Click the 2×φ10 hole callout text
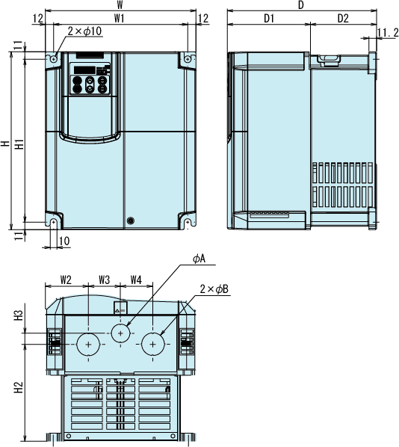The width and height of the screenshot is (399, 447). [x=84, y=31]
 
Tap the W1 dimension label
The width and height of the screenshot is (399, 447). [x=120, y=19]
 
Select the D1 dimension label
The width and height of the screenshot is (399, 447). [x=269, y=19]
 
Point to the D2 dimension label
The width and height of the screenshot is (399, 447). [x=343, y=19]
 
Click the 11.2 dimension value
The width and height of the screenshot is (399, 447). [x=388, y=33]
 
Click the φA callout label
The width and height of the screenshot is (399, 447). [x=199, y=259]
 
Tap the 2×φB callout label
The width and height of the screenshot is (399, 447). [x=214, y=289]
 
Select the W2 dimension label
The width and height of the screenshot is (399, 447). [x=66, y=280]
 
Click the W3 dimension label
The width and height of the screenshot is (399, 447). [x=105, y=280]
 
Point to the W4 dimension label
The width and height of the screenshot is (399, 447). [x=136, y=280]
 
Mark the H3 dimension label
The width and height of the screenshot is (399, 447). [x=19, y=315]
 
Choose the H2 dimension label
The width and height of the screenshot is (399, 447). [x=19, y=387]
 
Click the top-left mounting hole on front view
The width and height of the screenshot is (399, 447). [x=54, y=59]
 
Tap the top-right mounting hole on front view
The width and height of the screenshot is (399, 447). [x=188, y=59]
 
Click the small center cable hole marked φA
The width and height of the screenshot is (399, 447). [x=120, y=333]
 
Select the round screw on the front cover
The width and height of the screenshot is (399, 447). [x=130, y=221]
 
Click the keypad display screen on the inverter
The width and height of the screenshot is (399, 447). [x=84, y=70]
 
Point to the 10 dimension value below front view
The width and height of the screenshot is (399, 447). [x=64, y=241]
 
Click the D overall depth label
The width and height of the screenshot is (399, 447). [x=301, y=5]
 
